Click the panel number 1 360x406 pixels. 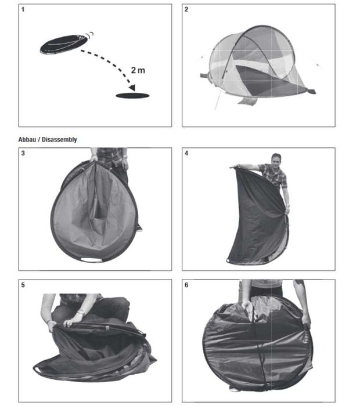pos(23,10)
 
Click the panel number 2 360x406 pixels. pos(186,10)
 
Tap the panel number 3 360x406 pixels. pos(23,154)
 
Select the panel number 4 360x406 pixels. pos(186,154)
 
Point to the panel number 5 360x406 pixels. pos(23,286)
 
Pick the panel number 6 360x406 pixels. pos(186,286)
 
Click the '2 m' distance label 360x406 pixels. pos(138,70)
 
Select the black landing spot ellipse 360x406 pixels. pos(132,95)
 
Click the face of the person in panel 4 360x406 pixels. pos(276,159)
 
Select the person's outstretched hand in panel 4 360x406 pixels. pos(235,167)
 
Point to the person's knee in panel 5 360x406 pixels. pos(119,304)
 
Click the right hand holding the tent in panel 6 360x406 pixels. pos(305,318)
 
